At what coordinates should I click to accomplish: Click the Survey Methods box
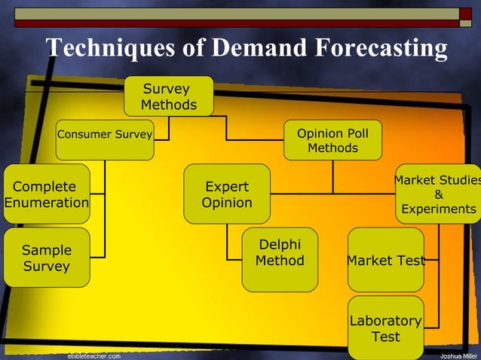coord(169,96)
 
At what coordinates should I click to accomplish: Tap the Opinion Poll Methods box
coord(332,140)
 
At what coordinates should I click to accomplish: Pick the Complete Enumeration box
coord(46,194)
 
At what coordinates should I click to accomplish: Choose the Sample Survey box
coord(46,258)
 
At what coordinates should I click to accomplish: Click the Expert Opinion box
coord(227,194)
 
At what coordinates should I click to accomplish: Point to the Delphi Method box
coord(280,258)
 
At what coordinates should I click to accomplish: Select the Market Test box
coord(385,260)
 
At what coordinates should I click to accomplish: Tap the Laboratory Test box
coord(385,328)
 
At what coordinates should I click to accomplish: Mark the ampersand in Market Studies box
coord(439,194)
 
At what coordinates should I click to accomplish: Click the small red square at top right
coord(465,14)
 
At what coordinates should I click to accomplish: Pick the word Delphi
coord(280,245)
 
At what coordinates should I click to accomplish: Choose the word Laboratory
coord(385,321)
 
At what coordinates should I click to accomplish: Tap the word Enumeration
coord(46,203)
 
